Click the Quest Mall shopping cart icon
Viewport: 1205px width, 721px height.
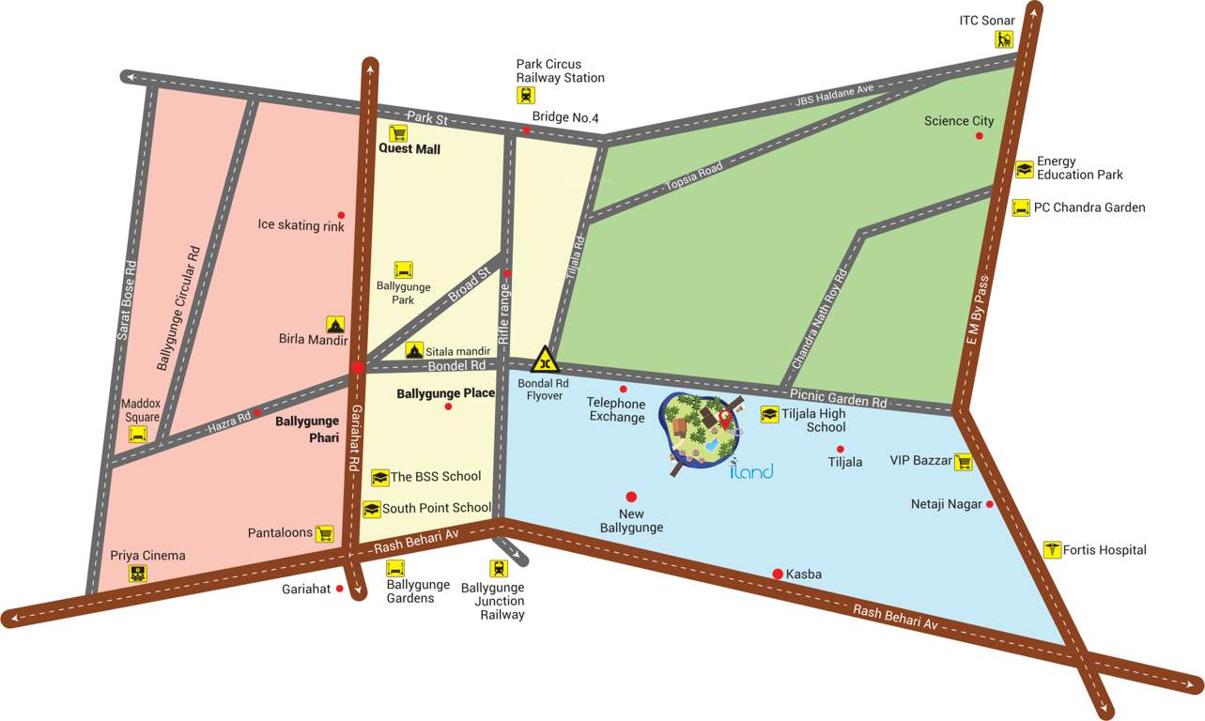coord(397,133)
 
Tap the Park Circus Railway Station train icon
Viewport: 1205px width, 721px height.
coord(526,95)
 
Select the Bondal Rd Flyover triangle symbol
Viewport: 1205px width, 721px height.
coord(544,360)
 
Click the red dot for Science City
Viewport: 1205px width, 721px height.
coord(979,136)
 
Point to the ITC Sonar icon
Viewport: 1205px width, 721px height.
coord(1005,39)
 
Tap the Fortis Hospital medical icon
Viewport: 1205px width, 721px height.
coord(1052,550)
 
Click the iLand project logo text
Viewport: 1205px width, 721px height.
coord(751,470)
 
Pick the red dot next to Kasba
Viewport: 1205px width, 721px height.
coord(778,574)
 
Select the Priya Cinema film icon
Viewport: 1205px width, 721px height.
coord(138,573)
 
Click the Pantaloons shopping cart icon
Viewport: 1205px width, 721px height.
coord(324,534)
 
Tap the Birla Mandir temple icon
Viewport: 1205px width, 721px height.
coord(335,324)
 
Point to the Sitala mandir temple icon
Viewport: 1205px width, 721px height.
coord(414,350)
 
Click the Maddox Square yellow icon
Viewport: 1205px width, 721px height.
coord(138,435)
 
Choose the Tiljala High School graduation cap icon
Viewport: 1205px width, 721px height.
coord(769,415)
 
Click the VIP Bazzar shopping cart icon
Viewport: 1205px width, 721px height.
coord(963,462)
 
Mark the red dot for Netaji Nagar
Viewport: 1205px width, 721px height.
coord(989,504)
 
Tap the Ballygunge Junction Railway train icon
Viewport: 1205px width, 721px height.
coord(498,568)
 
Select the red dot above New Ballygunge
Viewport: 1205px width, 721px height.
coord(631,497)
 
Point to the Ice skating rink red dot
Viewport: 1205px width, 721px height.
coord(341,215)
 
